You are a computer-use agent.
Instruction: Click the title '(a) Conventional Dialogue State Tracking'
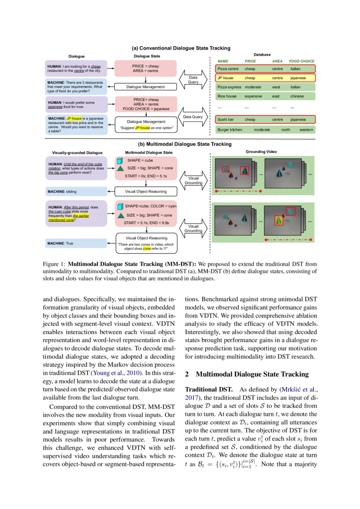(181, 48)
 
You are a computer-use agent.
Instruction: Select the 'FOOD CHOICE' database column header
(301, 61)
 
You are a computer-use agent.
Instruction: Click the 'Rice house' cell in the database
(227, 96)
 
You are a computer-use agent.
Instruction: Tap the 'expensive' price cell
(253, 96)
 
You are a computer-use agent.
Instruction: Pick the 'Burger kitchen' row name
(229, 130)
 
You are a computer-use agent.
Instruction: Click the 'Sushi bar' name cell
(226, 119)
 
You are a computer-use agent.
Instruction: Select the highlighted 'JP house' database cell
(225, 78)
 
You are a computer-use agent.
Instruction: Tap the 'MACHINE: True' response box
(76, 243)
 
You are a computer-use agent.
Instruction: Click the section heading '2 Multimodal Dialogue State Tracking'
(247, 374)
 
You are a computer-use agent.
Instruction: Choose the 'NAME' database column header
(223, 61)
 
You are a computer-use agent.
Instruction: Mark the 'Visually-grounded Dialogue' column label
(77, 153)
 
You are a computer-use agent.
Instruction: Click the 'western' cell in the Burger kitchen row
(307, 130)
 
